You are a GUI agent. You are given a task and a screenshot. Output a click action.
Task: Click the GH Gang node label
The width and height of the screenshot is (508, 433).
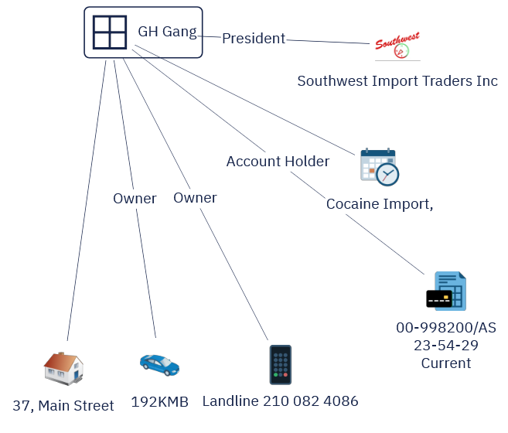point(167,32)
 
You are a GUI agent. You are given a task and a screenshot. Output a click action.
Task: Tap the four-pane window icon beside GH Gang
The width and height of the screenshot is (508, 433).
point(110,32)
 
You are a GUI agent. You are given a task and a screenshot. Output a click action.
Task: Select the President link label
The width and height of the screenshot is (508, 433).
point(254,38)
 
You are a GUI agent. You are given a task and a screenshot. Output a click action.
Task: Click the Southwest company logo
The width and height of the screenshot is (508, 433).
point(397,46)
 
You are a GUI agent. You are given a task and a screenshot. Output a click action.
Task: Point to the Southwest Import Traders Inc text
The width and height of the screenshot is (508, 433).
point(397,81)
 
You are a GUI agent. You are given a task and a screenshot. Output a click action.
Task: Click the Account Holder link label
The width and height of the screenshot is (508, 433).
point(278,162)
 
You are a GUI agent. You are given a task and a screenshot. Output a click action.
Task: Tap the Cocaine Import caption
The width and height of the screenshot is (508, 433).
point(379,204)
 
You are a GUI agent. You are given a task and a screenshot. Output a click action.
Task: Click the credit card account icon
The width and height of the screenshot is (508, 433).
point(446,292)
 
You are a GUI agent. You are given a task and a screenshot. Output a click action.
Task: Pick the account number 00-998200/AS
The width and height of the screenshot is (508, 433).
point(446,328)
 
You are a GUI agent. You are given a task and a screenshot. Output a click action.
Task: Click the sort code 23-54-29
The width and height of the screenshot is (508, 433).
point(446,345)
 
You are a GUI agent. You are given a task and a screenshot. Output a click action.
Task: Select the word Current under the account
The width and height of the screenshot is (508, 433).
point(446,363)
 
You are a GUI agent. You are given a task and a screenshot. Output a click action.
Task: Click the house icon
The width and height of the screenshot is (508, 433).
point(63,367)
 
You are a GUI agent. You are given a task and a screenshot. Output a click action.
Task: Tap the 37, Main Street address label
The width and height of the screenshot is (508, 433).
point(63,405)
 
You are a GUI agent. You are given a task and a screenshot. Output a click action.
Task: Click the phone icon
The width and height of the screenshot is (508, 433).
point(280,365)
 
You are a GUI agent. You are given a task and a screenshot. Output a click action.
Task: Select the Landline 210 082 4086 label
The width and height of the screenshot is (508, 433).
point(280,401)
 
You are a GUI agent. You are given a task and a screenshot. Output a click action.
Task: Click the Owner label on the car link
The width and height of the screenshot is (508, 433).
point(135,199)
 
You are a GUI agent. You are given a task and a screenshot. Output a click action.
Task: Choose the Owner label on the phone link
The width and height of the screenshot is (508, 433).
point(195,198)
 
